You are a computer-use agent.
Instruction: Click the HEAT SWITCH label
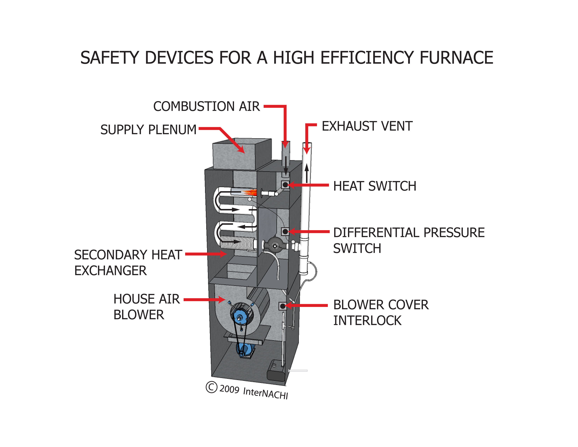coord(374,186)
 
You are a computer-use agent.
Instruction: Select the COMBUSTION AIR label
coord(207,106)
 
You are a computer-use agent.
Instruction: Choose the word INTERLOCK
coord(367,321)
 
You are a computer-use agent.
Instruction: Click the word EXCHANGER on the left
coord(110,271)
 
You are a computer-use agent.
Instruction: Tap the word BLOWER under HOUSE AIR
coord(139,315)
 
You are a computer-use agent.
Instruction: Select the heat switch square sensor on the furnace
coord(285,185)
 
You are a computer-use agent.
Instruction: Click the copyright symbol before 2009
coord(211,387)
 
